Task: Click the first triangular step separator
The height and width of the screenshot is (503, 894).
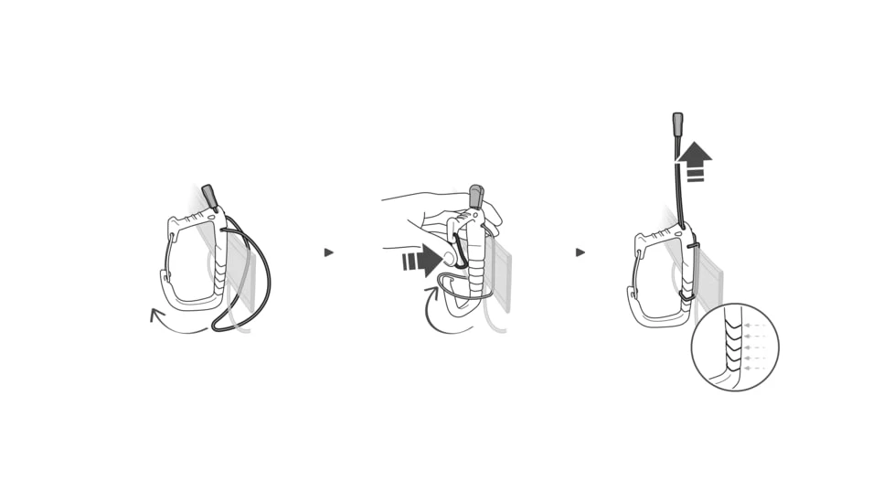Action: coord(329,252)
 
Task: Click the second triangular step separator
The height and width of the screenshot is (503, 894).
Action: coord(580,252)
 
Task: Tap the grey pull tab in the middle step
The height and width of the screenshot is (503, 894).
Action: coord(476,196)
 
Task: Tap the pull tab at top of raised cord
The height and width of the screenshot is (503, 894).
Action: coord(677,124)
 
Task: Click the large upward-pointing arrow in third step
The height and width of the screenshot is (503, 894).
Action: coord(696,160)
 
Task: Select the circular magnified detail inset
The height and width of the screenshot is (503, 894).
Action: coord(734,348)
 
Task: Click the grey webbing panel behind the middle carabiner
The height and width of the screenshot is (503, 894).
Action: coord(501,274)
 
